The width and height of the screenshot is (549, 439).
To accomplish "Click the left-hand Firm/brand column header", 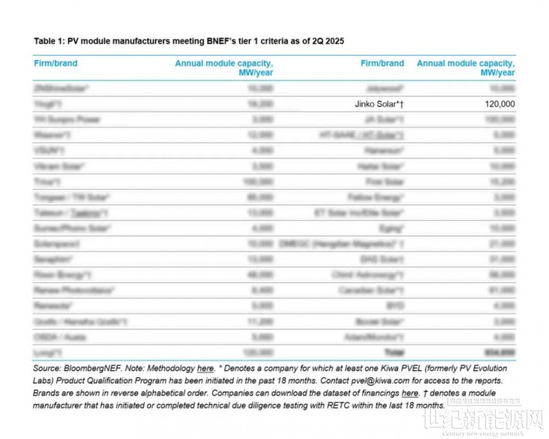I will (x=55, y=63).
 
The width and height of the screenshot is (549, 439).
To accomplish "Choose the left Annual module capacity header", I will (x=224, y=67).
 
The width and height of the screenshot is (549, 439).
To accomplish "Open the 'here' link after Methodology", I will (x=205, y=369).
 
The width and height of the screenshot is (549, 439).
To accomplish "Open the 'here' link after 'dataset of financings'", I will (x=410, y=393).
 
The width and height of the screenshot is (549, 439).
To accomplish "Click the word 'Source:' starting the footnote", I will (x=47, y=369).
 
